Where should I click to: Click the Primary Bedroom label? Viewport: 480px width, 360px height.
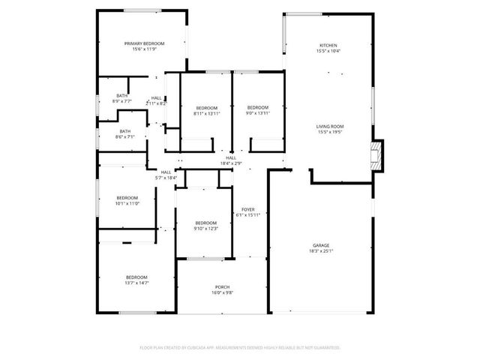(x=144, y=43)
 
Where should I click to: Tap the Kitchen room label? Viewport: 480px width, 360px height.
(x=328, y=45)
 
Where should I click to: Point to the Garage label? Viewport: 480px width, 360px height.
(x=321, y=245)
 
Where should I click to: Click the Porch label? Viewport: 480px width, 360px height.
(x=222, y=287)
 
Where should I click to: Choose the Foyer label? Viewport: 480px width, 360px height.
(x=247, y=209)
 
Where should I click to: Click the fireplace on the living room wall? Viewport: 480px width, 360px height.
(x=377, y=154)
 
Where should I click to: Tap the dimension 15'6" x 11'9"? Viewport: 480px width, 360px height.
(x=144, y=49)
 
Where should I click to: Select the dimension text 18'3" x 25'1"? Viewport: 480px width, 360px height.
(x=321, y=251)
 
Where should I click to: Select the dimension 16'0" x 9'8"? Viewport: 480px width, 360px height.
(x=222, y=293)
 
